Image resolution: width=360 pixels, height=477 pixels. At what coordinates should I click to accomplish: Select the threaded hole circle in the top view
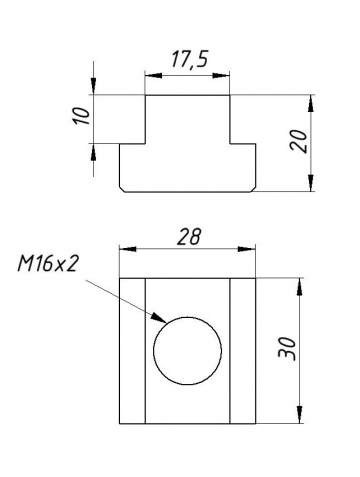[x=187, y=352]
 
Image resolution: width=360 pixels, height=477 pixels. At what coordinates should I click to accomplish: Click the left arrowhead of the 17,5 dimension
[x=151, y=73]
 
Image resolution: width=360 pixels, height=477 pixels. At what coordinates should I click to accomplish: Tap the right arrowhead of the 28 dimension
[x=252, y=248]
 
